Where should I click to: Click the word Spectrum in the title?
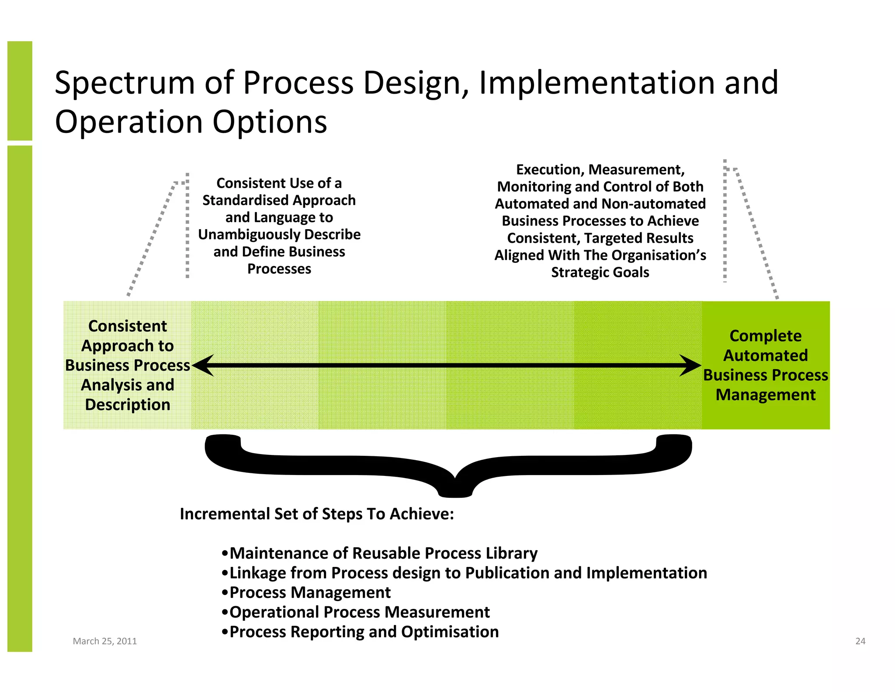125,83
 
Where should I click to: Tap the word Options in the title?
270,122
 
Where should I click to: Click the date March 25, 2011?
104,641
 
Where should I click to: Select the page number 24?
860,641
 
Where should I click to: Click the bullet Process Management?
306,592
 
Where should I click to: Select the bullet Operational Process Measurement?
356,612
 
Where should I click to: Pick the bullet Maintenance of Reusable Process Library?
379,553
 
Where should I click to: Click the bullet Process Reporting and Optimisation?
360,632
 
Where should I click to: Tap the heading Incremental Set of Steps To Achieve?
317,514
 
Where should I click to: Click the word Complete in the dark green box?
765,336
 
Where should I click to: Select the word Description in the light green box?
128,405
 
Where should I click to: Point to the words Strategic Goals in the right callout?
600,273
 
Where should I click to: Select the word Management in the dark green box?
765,395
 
